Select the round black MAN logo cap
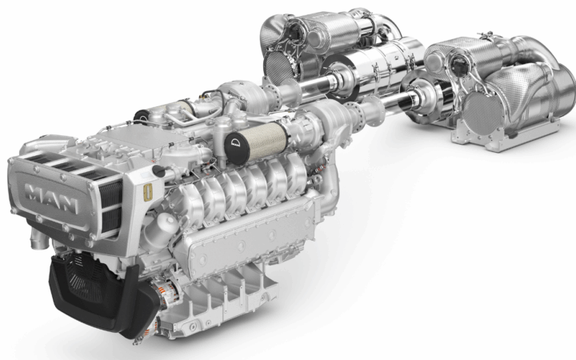[x=237, y=146]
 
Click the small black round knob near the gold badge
[x=158, y=171]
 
